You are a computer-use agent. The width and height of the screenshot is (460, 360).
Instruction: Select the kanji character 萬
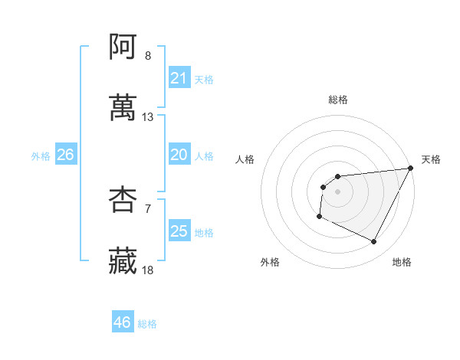(x=123, y=107)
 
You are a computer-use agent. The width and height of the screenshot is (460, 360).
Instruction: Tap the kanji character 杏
(x=123, y=199)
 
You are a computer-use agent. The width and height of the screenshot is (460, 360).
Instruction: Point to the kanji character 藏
(x=123, y=260)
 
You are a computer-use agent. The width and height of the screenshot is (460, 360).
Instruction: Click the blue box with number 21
(x=179, y=78)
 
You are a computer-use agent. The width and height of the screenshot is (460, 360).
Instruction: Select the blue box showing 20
(x=179, y=155)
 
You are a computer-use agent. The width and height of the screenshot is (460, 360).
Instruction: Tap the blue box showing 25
(x=179, y=231)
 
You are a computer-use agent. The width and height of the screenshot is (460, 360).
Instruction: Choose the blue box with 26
(x=65, y=155)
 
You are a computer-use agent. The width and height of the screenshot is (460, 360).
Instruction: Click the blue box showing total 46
(x=122, y=322)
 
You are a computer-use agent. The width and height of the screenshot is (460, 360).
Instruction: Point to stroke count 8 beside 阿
(x=148, y=56)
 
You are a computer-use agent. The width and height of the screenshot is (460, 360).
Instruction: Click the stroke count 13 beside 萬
(x=148, y=117)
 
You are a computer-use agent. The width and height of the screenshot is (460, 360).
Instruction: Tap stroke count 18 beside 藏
(x=148, y=270)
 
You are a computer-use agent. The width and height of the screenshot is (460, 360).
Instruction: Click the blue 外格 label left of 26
(x=41, y=156)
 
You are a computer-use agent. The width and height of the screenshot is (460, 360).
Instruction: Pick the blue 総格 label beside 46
(x=147, y=323)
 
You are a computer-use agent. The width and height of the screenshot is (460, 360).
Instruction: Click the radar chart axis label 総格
(x=338, y=100)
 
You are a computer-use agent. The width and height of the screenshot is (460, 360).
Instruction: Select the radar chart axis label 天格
(x=432, y=159)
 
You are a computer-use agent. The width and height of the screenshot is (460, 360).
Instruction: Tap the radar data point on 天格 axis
(x=411, y=168)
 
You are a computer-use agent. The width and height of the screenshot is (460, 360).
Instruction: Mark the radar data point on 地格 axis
(x=374, y=242)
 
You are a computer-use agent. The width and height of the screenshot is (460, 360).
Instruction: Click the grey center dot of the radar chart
(x=338, y=191)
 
